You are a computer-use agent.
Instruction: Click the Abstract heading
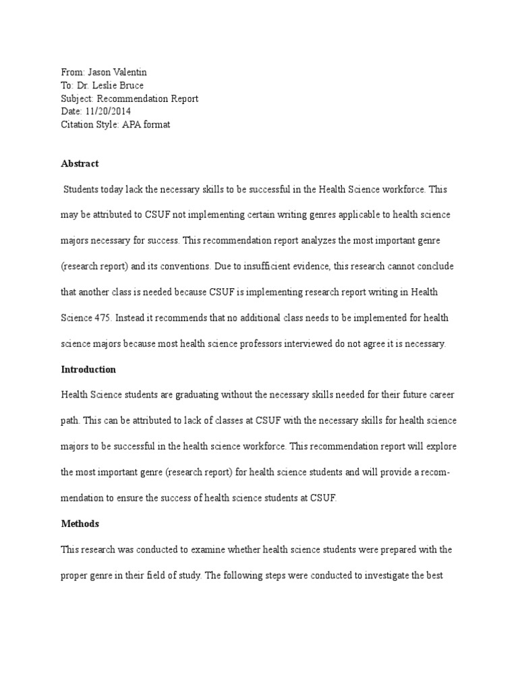(x=80, y=164)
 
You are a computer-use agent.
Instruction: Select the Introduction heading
(x=88, y=370)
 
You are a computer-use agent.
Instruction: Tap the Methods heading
(x=80, y=524)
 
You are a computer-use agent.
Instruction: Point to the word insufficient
(x=264, y=267)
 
